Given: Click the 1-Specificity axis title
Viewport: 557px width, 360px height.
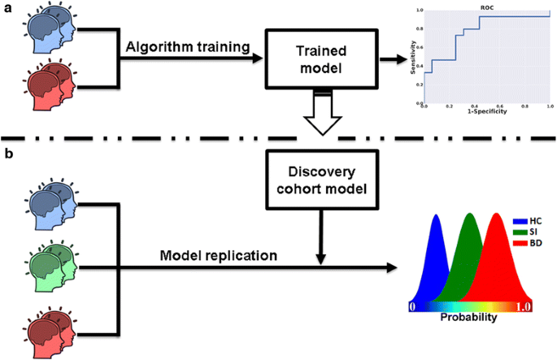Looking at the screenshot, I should tap(486, 111).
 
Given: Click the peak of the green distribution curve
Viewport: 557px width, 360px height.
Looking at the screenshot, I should tap(469, 216).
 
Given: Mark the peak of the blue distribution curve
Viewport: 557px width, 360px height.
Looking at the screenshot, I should tap(437, 216).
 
